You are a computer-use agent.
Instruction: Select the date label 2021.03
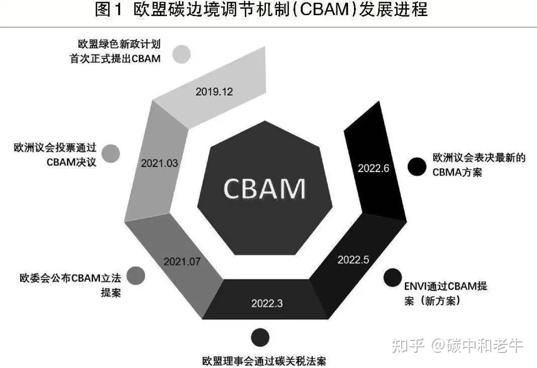click(159, 163)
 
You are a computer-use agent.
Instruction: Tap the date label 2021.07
click(182, 261)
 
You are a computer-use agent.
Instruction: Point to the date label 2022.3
click(267, 303)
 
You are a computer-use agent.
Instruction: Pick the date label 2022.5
click(353, 259)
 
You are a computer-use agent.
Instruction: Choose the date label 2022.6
click(374, 168)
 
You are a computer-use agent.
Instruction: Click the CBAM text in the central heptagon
click(264, 189)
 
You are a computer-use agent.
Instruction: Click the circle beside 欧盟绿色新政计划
click(181, 54)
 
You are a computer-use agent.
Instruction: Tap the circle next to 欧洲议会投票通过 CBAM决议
click(111, 153)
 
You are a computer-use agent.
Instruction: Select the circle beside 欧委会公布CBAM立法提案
click(136, 275)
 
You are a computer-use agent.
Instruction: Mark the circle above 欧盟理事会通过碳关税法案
click(259, 337)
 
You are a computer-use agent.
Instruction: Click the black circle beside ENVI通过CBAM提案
click(392, 278)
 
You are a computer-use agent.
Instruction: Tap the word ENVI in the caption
click(415, 287)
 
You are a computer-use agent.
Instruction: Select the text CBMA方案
click(457, 171)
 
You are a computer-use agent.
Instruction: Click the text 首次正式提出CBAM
click(115, 58)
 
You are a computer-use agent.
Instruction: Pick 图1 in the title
click(109, 10)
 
